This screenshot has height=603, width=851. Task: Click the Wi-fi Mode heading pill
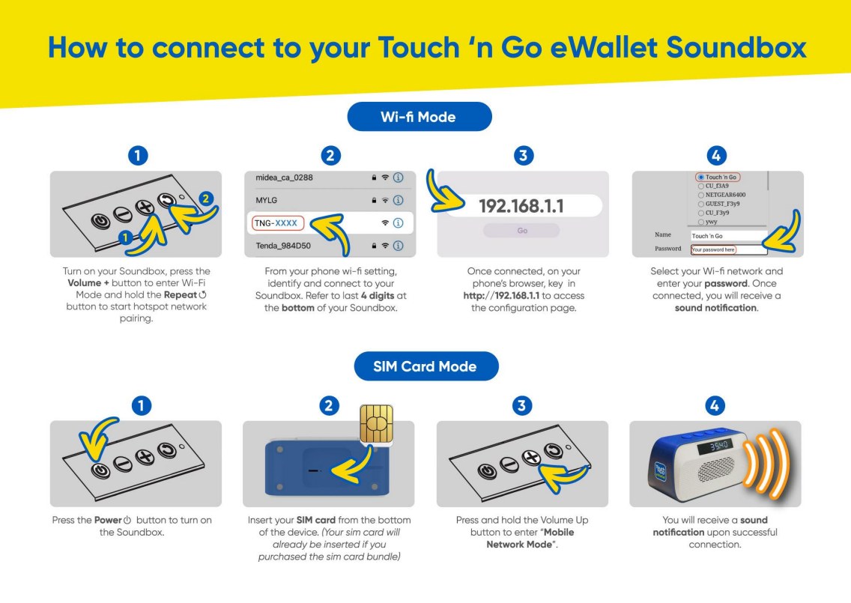click(x=418, y=117)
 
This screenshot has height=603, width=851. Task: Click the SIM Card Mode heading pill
click(x=425, y=366)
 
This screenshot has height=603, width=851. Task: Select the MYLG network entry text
click(x=267, y=201)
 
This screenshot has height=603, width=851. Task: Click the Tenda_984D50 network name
click(x=283, y=246)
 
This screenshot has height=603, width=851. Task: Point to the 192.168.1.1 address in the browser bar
click(x=521, y=206)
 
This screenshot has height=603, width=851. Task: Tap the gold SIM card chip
click(x=376, y=423)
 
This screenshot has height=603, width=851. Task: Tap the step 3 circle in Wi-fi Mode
click(x=524, y=155)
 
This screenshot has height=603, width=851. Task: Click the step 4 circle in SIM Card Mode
click(x=715, y=405)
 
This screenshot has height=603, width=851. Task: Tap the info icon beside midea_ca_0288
click(x=399, y=178)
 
